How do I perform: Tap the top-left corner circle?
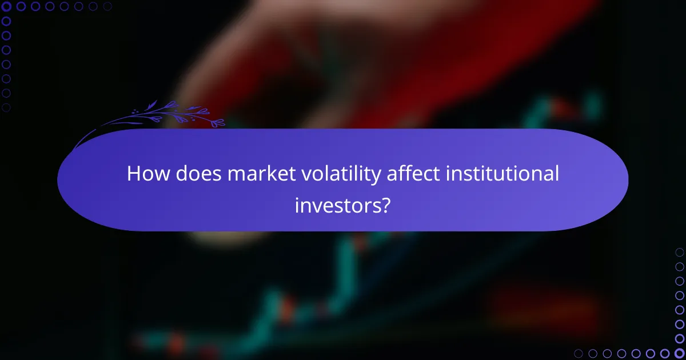point(7,7)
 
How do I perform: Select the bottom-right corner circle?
point(679,353)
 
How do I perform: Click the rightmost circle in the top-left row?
point(107,7)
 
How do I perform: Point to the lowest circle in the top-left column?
point(7,107)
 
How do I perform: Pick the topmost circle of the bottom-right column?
point(679,252)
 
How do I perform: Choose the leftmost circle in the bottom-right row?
point(579,353)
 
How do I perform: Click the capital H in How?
point(133,174)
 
